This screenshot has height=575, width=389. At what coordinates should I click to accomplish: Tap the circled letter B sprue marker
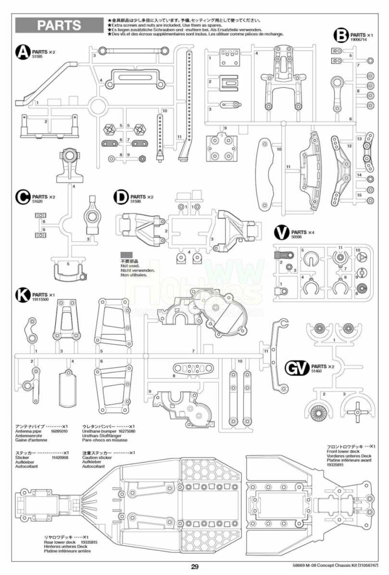click(x=341, y=36)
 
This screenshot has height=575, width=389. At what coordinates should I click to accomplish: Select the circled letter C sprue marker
click(x=23, y=197)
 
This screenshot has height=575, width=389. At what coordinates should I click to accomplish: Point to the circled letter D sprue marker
click(x=121, y=197)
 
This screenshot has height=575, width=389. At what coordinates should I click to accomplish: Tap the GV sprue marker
click(x=297, y=368)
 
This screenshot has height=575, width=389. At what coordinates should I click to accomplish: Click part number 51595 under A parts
click(x=38, y=56)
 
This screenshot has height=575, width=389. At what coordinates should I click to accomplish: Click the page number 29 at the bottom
click(x=194, y=567)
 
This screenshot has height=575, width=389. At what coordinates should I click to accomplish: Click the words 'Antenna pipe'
click(x=28, y=431)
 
